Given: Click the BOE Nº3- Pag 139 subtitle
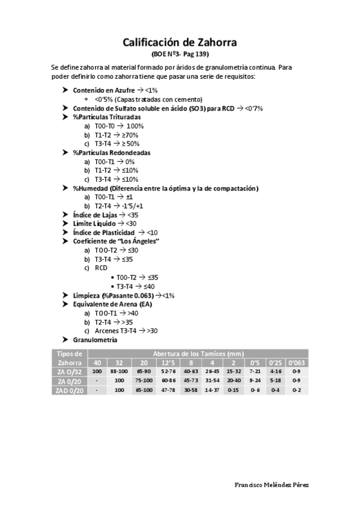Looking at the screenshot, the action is coord(180,54).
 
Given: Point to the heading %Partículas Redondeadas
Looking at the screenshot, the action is coord(112,153).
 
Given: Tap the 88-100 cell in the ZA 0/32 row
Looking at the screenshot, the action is coord(119,372).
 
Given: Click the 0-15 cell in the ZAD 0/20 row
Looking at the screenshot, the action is coord(233,391).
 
